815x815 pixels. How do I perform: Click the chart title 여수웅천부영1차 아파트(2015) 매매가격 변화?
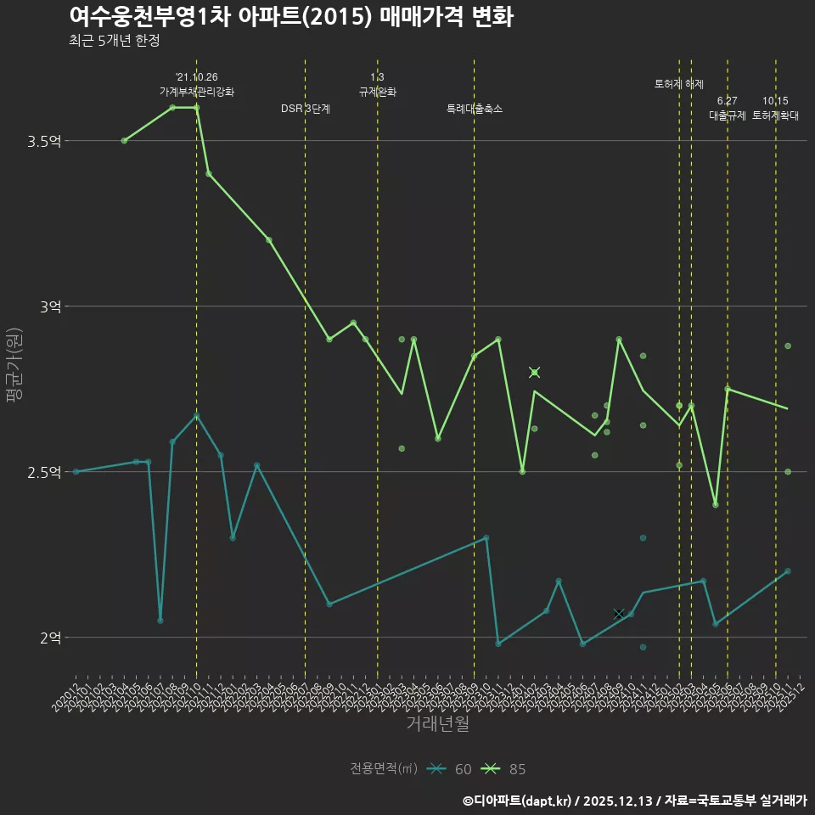click(290, 17)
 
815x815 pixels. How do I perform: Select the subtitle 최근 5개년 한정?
click(115, 40)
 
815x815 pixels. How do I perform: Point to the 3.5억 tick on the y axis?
click(44, 141)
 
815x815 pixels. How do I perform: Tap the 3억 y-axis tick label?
click(50, 306)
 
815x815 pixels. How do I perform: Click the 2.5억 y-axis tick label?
click(44, 472)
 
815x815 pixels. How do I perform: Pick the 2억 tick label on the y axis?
click(50, 638)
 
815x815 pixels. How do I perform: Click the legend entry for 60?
click(451, 769)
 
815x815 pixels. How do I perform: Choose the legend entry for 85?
click(504, 769)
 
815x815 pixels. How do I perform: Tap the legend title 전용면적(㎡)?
click(383, 769)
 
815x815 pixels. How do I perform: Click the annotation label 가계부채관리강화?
click(196, 92)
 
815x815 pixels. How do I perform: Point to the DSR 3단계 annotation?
click(306, 109)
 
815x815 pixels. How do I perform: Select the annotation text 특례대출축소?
click(475, 109)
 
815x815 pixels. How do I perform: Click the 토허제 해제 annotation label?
click(679, 84)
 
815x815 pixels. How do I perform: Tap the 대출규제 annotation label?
click(728, 115)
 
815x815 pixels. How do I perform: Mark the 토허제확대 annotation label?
click(775, 115)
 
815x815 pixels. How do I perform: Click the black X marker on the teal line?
click(619, 613)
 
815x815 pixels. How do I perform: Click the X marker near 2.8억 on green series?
click(534, 372)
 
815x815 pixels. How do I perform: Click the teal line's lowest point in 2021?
click(160, 621)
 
